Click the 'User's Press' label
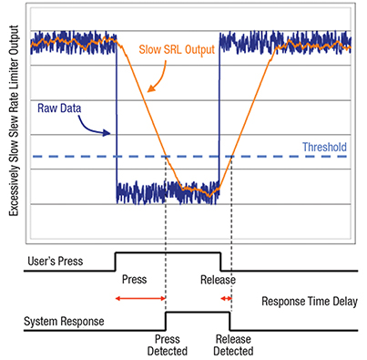pos(56,262)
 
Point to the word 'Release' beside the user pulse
pos(219,279)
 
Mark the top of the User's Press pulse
pos(168,252)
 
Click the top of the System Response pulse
pos(197,311)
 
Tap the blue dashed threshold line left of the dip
pos(73,158)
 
